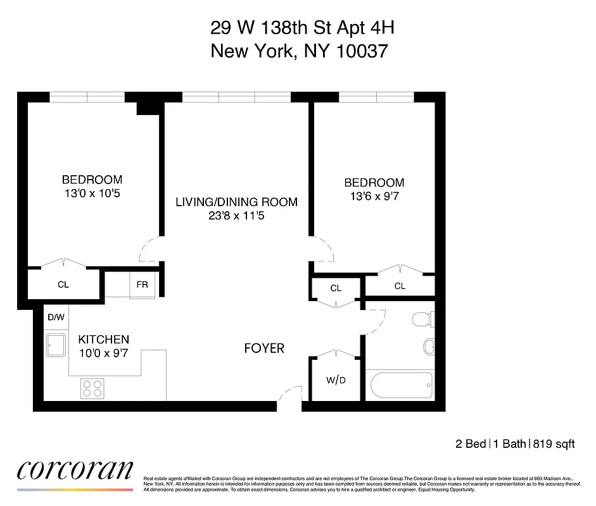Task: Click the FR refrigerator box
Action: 142,285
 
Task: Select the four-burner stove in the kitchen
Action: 92,387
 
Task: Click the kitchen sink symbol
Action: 56,345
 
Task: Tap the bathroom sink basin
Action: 429,347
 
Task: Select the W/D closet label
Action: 336,381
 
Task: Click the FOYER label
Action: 264,349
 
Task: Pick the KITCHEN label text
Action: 103,340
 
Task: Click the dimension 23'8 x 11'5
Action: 236,215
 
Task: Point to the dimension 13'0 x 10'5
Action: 91,192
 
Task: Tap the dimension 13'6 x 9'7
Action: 374,196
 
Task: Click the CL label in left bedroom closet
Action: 63,285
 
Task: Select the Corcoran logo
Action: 75,471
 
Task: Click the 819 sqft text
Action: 553,444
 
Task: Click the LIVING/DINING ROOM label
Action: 236,202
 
